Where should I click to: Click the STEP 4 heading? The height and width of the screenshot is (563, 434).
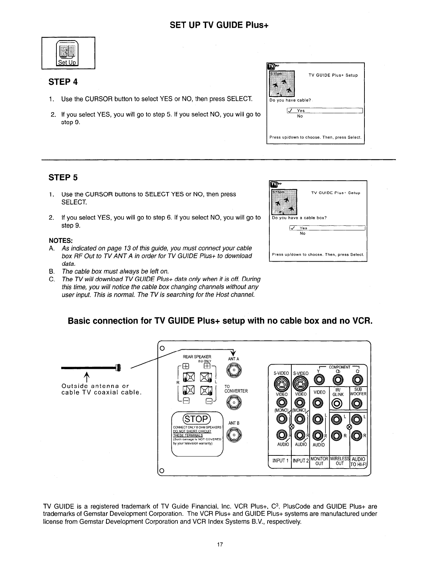tap(63, 82)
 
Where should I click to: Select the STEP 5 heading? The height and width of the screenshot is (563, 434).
tap(63, 177)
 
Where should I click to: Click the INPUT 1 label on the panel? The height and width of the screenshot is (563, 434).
tap(280, 460)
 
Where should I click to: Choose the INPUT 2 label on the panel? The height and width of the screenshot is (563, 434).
tap(300, 460)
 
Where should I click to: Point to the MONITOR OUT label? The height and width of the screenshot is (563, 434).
tap(319, 460)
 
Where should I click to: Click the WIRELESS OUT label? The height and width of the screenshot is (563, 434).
tap(340, 460)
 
